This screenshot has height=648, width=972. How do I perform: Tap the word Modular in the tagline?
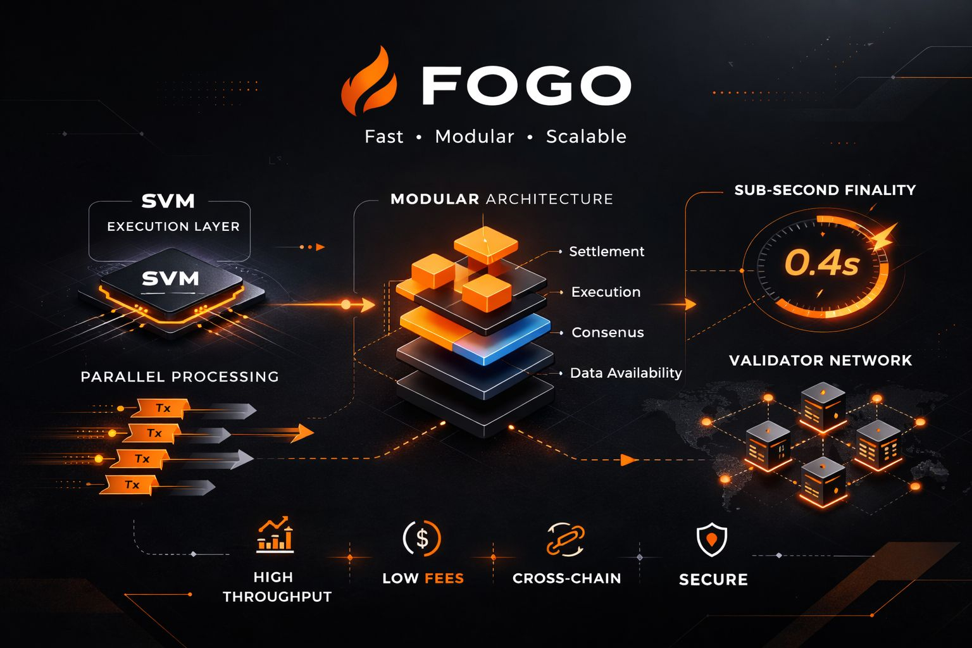[x=475, y=137]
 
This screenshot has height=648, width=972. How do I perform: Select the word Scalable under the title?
[x=586, y=137]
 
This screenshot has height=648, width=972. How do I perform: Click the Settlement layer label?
[x=606, y=252]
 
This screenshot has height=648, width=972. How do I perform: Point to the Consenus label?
[x=607, y=333]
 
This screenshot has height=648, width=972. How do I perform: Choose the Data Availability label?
[x=626, y=373]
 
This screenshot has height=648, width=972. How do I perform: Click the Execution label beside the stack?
[x=606, y=292]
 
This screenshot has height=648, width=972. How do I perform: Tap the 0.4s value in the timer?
[x=821, y=263]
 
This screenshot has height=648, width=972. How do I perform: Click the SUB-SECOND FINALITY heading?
[x=825, y=190]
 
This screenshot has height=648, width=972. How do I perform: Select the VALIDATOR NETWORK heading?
[x=820, y=361]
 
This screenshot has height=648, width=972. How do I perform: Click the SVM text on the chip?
[x=170, y=278]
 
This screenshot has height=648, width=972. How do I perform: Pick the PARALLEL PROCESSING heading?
[x=180, y=377]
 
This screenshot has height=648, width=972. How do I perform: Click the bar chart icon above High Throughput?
[x=275, y=535]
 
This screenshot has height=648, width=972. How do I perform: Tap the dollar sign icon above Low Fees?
[x=422, y=539]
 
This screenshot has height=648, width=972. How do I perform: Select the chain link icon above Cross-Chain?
[x=565, y=540]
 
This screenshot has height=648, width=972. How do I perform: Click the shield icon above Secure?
[x=712, y=540]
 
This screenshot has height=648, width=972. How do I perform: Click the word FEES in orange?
[x=444, y=578]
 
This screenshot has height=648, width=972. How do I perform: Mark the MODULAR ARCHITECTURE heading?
[x=501, y=199]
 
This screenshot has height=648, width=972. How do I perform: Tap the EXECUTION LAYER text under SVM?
[x=173, y=227]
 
